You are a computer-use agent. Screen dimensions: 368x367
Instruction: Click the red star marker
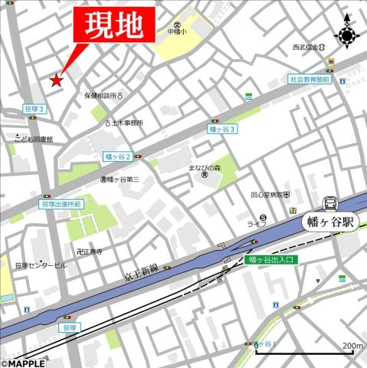pyautogui.click(x=56, y=80)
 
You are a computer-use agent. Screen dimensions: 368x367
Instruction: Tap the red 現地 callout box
pyautogui.click(x=113, y=27)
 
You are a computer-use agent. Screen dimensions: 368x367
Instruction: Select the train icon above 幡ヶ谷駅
pyautogui.click(x=330, y=203)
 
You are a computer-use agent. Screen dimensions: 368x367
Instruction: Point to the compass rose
pyautogui.click(x=347, y=34)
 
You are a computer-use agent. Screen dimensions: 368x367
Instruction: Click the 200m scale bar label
pyautogui.click(x=352, y=345)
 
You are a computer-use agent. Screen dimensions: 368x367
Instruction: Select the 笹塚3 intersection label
pyautogui.click(x=34, y=110)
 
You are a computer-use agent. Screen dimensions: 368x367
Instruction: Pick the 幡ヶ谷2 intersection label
pyautogui.click(x=117, y=156)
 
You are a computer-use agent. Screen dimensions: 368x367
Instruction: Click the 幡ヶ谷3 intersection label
pyautogui.click(x=223, y=130)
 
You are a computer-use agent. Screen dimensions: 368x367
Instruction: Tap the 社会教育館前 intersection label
pyautogui.click(x=310, y=78)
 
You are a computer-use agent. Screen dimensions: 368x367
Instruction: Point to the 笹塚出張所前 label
pyautogui.click(x=61, y=205)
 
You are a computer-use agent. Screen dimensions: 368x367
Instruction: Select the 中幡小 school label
pyautogui.click(x=177, y=32)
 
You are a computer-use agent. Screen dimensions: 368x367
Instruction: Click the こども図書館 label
pyautogui.click(x=34, y=139)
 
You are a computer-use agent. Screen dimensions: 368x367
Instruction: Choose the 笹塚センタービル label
pyautogui.click(x=40, y=265)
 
